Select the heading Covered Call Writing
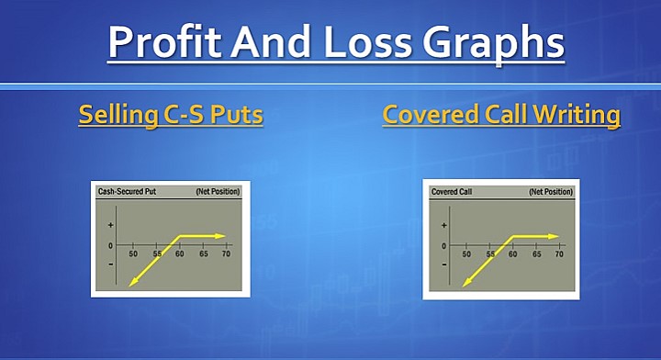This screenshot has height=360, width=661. coord(501,116)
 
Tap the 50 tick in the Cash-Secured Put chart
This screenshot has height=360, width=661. coord(134,253)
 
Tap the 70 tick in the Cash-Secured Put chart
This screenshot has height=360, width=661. coord(226,253)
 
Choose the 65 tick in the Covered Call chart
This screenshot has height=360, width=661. coord(536,253)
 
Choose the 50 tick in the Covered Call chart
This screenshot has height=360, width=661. coord(466,253)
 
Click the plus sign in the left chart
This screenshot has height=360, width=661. coord(111,225)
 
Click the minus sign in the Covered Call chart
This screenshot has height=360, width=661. coord(444,264)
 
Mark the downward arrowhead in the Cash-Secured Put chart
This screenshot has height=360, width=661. coord(133,282)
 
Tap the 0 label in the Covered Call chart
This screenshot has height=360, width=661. coord(444,245)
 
